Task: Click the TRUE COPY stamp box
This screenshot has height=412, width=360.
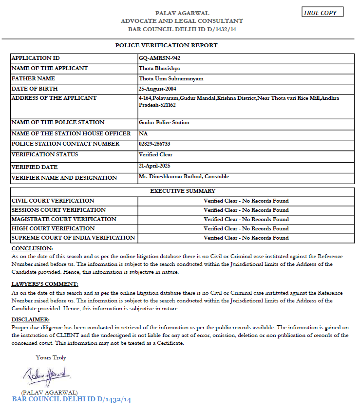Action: (322, 13)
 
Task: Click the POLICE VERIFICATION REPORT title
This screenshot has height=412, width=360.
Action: (167, 45)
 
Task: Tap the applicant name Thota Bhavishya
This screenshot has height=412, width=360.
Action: (159, 68)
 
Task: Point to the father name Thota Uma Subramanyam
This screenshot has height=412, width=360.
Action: (171, 78)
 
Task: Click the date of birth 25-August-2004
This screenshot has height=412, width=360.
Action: (157, 89)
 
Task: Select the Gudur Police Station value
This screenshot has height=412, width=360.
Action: (164, 122)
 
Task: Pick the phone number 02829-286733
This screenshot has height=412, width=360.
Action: (154, 144)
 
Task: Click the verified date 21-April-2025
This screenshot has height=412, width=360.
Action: (154, 166)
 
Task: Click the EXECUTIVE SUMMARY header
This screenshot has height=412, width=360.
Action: (183, 191)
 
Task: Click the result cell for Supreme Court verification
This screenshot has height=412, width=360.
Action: (246, 238)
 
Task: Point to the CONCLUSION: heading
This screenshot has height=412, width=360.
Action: (32, 248)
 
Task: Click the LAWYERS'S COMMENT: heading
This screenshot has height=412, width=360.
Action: (44, 284)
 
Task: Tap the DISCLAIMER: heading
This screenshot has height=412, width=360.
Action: (30, 319)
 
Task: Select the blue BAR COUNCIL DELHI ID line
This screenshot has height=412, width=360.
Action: (72, 399)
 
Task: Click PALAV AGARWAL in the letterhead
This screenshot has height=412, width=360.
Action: (182, 13)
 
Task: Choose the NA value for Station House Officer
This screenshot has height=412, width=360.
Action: (143, 133)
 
